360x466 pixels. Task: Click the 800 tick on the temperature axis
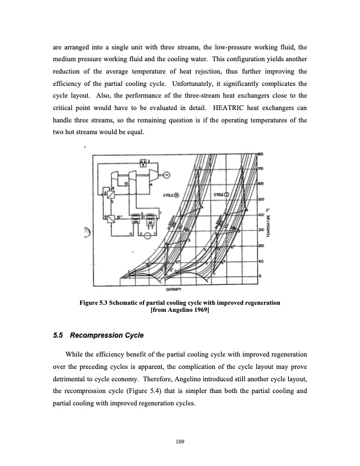pyautogui.click(x=261, y=154)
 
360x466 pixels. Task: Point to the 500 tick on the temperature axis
pyautogui.click(x=261, y=199)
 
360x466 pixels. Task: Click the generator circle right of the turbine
pyautogui.click(x=166, y=174)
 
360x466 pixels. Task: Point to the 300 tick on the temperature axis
pyautogui.click(x=261, y=230)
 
